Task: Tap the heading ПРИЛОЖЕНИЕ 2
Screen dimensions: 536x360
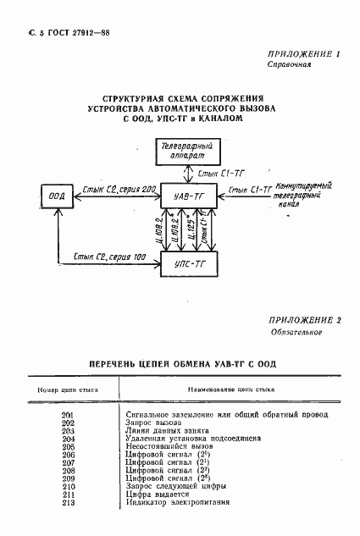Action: [x=303, y=321]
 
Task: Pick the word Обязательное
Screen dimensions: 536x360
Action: [x=295, y=332]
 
